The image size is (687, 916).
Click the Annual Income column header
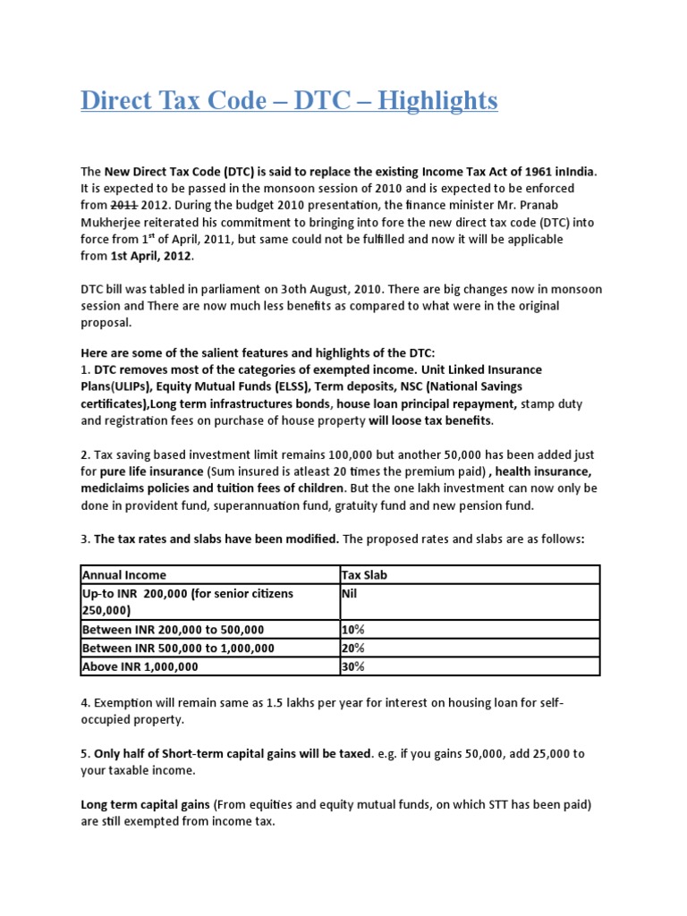[x=123, y=574]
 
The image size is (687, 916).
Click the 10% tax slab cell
[x=353, y=630]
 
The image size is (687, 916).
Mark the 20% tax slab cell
[x=353, y=648]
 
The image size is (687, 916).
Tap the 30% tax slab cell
[x=353, y=666]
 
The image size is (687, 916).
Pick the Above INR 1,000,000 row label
[x=140, y=666]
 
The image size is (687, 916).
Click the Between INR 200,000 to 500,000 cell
[x=173, y=630]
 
